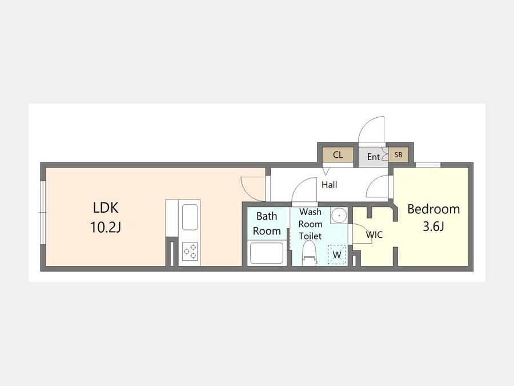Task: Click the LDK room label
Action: pos(106,208)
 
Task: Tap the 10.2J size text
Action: pos(106,227)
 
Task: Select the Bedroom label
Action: pos(433,209)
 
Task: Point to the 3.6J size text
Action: pos(433,226)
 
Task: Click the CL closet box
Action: pos(338,154)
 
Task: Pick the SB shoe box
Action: pos(398,154)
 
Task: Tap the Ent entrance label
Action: pos(374,157)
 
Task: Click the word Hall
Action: pos(329,185)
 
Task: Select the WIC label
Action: pos(374,234)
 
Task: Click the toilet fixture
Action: pos(309,253)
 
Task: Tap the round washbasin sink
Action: pos(339,216)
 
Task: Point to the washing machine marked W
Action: pos(337,254)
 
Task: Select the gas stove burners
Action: pos(190,252)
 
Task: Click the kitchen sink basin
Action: pos(190,217)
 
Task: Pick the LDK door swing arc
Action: pos(253,189)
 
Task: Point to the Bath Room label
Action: pos(267,224)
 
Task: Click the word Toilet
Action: pos(310,236)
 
